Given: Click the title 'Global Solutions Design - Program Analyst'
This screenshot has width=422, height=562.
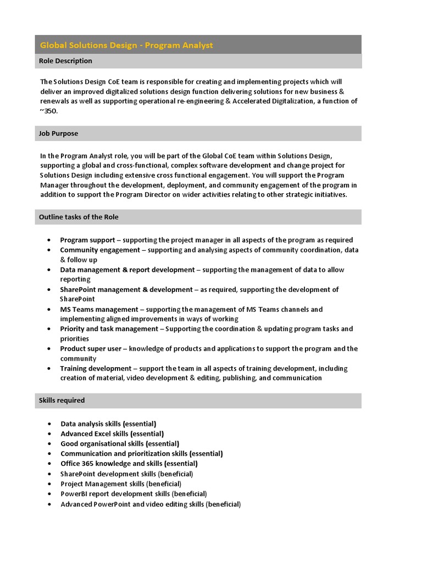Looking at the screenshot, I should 126,45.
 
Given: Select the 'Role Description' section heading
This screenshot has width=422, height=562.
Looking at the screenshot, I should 65,61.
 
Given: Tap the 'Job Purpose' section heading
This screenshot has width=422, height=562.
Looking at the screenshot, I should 58,133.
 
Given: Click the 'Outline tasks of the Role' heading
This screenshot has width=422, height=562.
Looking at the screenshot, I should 79,217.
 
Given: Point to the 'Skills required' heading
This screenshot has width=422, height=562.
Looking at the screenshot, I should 62,400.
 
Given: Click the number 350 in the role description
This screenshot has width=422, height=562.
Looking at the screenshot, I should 50,111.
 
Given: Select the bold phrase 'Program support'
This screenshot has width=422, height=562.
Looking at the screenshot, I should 87,240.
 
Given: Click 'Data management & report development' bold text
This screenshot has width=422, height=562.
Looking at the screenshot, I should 127,269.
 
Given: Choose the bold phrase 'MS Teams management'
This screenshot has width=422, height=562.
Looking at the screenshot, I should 99,309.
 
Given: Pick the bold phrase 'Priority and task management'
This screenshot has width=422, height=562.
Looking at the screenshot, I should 109,329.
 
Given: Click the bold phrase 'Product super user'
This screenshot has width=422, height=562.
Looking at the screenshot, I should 92,349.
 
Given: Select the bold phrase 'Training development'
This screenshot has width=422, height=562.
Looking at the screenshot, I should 96,368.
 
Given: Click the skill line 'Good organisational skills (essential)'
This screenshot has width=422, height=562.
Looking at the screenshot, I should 120,443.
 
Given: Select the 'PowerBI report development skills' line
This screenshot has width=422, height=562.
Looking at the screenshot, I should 134,494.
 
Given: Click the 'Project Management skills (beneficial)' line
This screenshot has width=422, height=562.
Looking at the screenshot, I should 121,484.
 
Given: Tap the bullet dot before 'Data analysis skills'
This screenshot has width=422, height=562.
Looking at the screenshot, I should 49,424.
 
